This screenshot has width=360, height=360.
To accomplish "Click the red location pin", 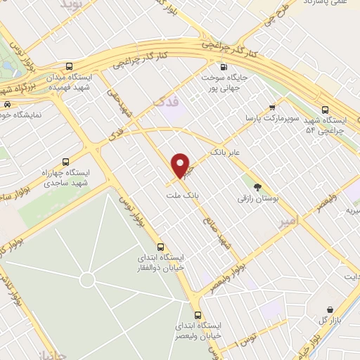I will tap(181, 165).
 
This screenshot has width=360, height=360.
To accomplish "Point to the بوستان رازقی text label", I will tap(256, 200).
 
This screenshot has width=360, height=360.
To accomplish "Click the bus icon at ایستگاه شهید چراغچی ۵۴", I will tap(324, 110).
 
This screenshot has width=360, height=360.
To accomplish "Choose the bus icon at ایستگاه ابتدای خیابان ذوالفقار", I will tap(162, 247).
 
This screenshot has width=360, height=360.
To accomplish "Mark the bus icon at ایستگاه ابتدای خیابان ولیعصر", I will tap(198, 314).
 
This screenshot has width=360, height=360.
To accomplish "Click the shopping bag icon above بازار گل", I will tap(330, 309).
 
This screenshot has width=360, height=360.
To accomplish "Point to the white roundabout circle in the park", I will tap(86, 281).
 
